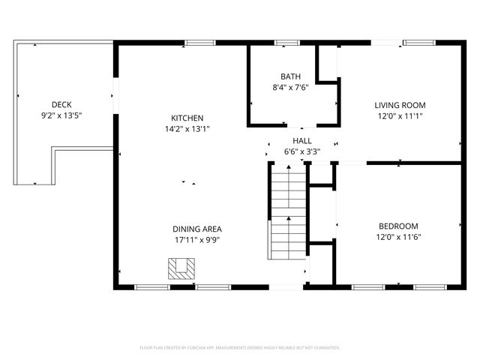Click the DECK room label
click(61, 105)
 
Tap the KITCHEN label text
click(187, 118)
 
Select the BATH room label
click(291, 76)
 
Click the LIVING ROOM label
click(400, 105)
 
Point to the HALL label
click(302, 140)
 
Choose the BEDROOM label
click(398, 226)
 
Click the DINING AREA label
click(197, 229)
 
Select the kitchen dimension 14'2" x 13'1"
click(187, 129)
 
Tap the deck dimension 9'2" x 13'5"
click(61, 116)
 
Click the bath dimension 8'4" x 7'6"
click(291, 87)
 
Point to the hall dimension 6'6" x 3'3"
click(302, 151)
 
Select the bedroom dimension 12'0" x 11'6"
click(398, 237)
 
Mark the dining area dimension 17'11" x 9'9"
click(197, 241)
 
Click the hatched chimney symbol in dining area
click(180, 268)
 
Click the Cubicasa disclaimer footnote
click(240, 348)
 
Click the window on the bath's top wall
click(286, 43)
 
